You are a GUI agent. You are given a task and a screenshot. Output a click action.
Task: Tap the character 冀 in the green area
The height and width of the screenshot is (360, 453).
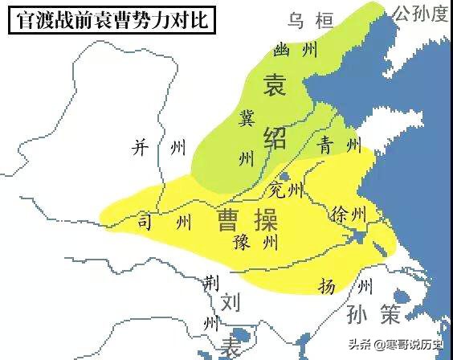[x=247, y=118]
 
